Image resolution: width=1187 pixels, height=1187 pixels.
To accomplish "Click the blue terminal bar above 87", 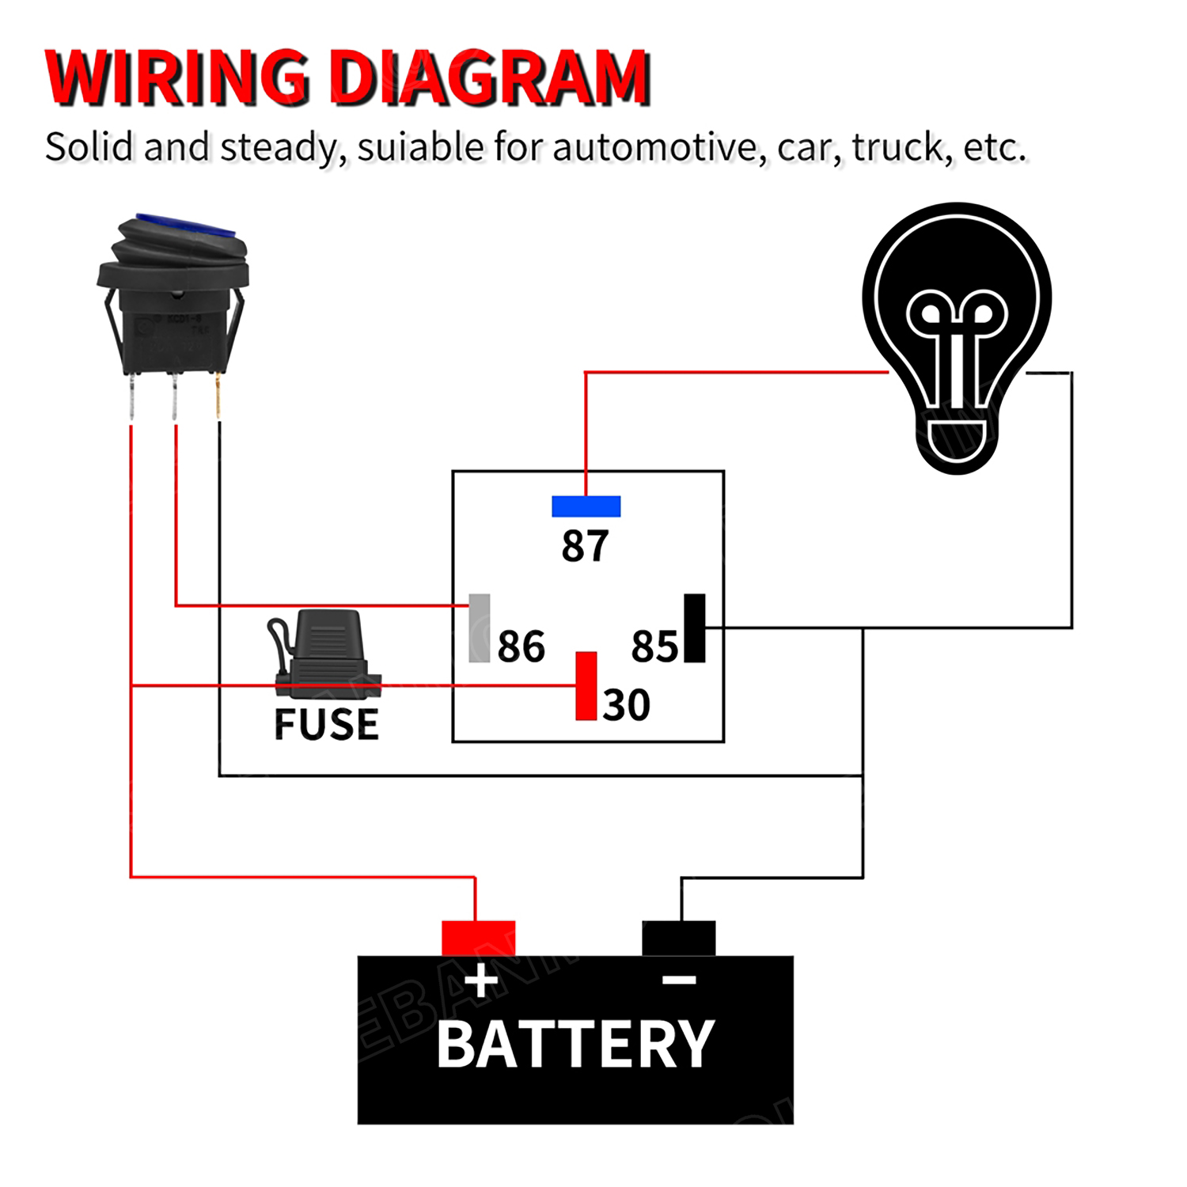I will point(586,506).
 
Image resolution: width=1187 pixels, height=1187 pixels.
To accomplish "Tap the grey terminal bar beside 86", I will point(480,628).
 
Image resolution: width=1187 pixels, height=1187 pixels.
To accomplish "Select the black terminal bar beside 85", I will point(694,628).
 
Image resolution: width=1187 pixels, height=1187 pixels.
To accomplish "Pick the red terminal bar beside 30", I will point(586,686).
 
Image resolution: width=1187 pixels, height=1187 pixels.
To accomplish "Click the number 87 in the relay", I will point(585,546).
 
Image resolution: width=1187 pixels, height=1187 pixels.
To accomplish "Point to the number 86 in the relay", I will point(521,647).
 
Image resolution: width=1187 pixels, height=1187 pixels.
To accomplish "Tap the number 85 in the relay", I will point(654,647).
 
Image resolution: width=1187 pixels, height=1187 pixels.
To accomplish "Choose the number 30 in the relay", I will point(626,705).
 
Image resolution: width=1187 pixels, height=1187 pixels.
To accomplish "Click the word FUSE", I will point(326,724).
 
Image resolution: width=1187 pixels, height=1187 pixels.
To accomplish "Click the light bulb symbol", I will point(957,336).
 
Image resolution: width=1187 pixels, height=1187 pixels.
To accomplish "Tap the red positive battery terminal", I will point(478,938).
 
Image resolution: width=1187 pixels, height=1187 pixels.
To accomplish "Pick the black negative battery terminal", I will point(679,938).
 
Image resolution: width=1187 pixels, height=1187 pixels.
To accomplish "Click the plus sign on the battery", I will point(481,981).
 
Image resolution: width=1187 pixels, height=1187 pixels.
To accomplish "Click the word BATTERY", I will point(575,1045).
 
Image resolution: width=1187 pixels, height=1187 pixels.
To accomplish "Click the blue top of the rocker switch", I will point(187,225).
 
